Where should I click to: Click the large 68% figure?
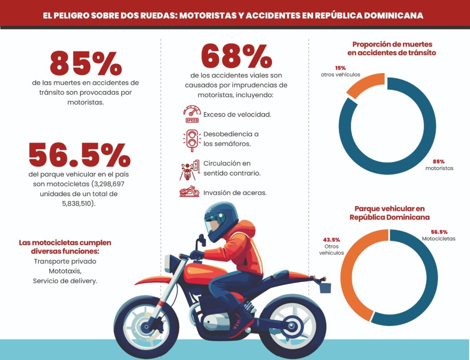236,56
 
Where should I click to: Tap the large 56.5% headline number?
80,155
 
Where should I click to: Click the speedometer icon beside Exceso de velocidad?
192,114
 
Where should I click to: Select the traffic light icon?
192,140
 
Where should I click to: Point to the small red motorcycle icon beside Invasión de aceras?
189,191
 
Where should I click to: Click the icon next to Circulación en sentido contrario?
189,170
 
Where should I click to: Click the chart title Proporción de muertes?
392,44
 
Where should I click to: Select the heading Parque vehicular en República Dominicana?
389,213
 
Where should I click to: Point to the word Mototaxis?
65,271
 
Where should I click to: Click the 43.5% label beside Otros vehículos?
332,240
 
